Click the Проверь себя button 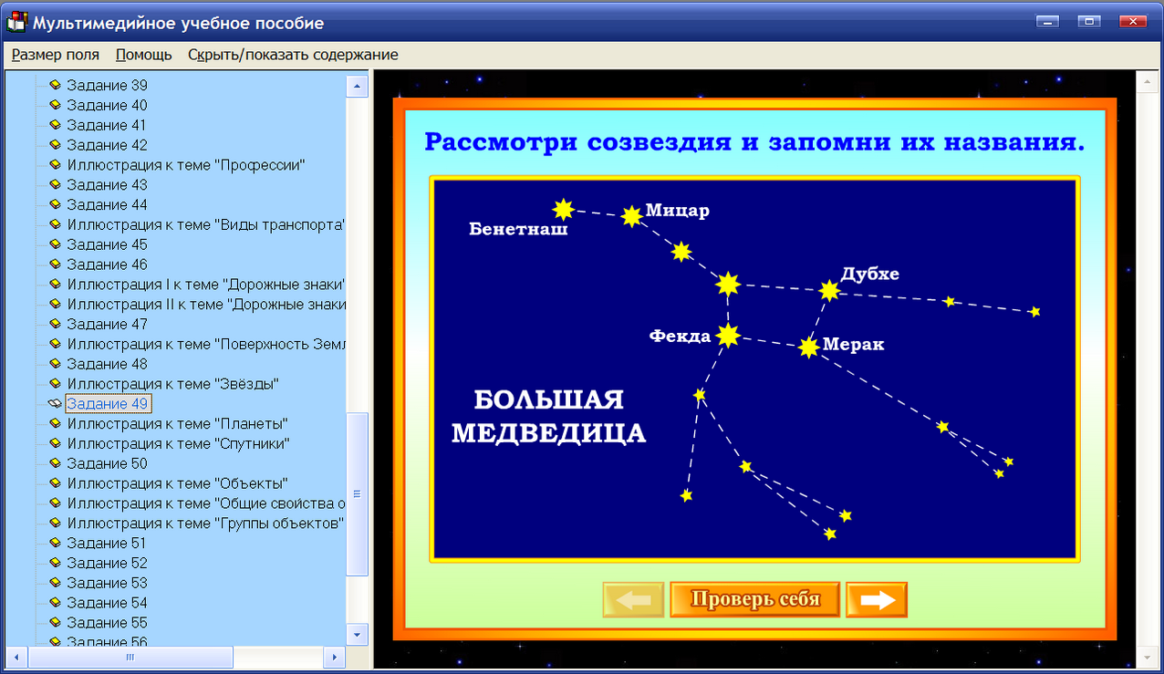point(754,599)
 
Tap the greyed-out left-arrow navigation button point(633,600)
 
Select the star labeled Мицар point(631,216)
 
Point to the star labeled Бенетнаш point(563,210)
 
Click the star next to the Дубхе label point(828,291)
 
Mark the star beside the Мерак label point(808,347)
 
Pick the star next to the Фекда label point(728,336)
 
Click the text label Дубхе point(870,274)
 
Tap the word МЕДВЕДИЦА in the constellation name point(549,433)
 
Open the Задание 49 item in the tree point(108,404)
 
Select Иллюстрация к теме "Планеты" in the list point(178,424)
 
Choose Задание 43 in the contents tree point(108,185)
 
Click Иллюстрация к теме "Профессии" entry point(186,165)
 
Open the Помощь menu point(143,55)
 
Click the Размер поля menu point(56,55)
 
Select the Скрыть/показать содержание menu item point(293,55)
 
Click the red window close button point(1132,21)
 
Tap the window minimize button point(1047,21)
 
